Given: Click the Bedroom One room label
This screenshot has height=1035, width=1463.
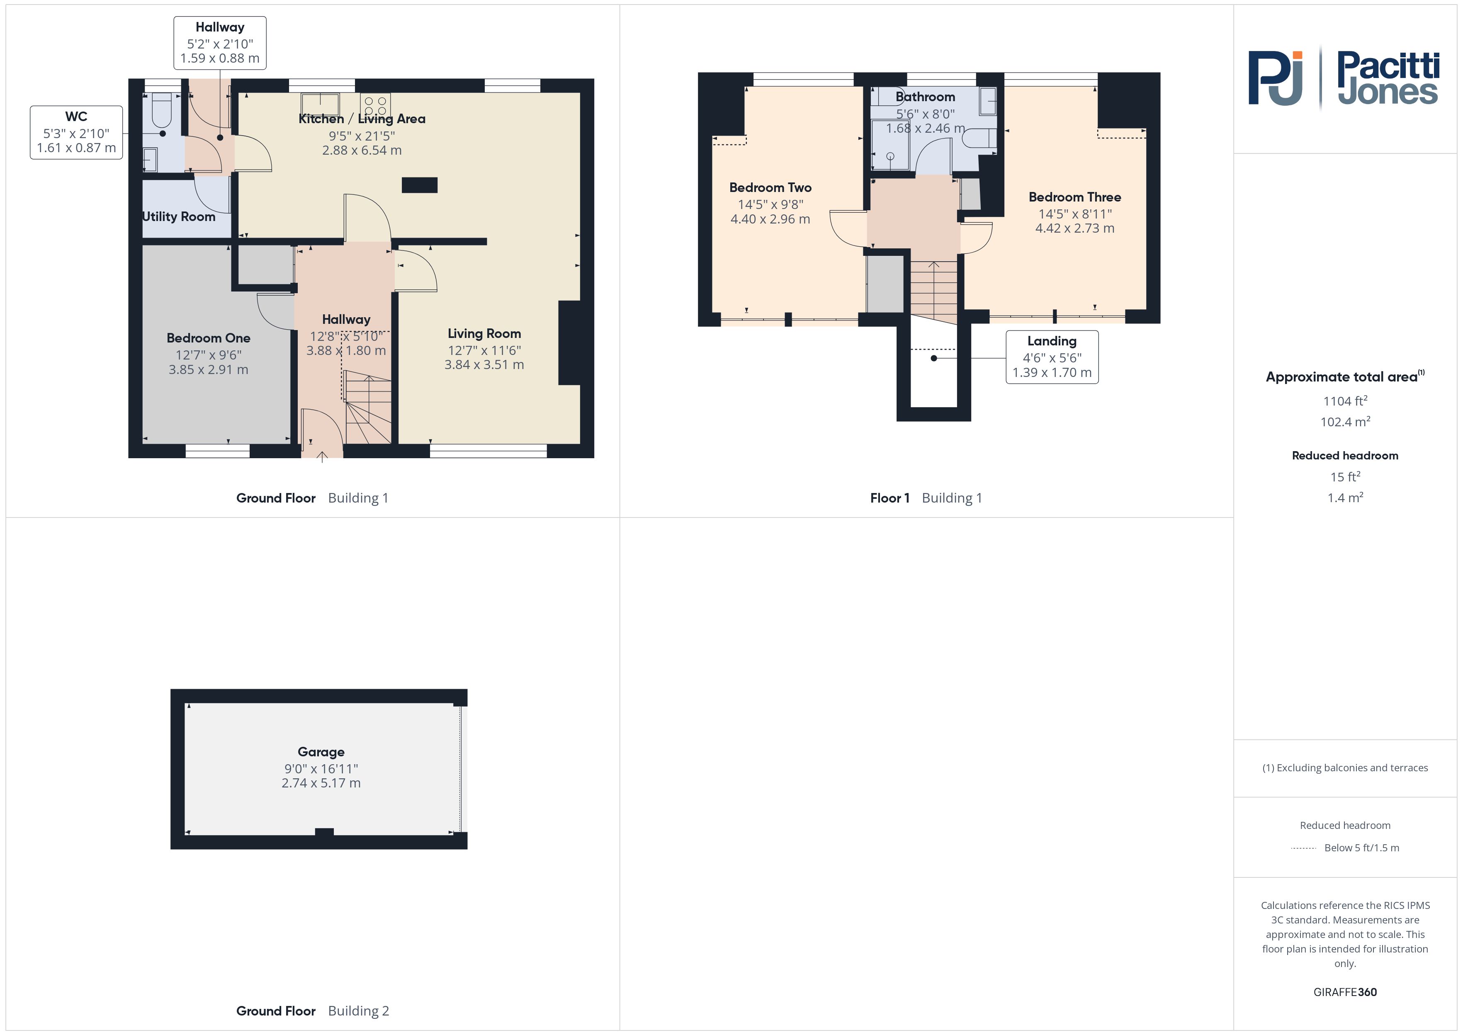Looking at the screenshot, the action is click(208, 338).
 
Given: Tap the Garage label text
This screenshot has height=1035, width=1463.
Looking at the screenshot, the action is click(321, 752).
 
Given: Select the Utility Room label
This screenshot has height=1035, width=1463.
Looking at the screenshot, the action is click(178, 217).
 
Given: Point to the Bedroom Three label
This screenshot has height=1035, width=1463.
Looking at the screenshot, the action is click(1075, 197).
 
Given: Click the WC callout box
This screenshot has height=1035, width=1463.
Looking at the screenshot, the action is click(76, 133).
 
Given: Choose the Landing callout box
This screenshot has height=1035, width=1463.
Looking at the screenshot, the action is click(1052, 357).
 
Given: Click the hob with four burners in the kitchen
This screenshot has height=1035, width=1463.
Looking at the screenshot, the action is click(375, 104).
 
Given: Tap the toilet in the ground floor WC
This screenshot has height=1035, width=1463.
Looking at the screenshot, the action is click(162, 109).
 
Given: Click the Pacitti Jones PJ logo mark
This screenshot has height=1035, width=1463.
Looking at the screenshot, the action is click(1275, 78).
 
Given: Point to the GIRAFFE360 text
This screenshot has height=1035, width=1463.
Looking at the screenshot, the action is click(1345, 992).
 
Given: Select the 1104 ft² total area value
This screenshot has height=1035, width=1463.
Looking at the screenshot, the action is click(1345, 401).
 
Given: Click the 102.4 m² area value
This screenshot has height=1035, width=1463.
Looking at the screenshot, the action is click(1345, 421).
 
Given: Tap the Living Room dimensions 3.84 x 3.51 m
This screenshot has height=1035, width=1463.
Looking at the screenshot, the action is click(484, 364).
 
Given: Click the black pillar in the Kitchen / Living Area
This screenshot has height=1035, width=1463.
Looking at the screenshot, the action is click(419, 185).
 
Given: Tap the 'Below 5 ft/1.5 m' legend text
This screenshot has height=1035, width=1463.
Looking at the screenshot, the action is click(1362, 848).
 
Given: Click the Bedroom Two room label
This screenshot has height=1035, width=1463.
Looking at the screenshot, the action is click(770, 187).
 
